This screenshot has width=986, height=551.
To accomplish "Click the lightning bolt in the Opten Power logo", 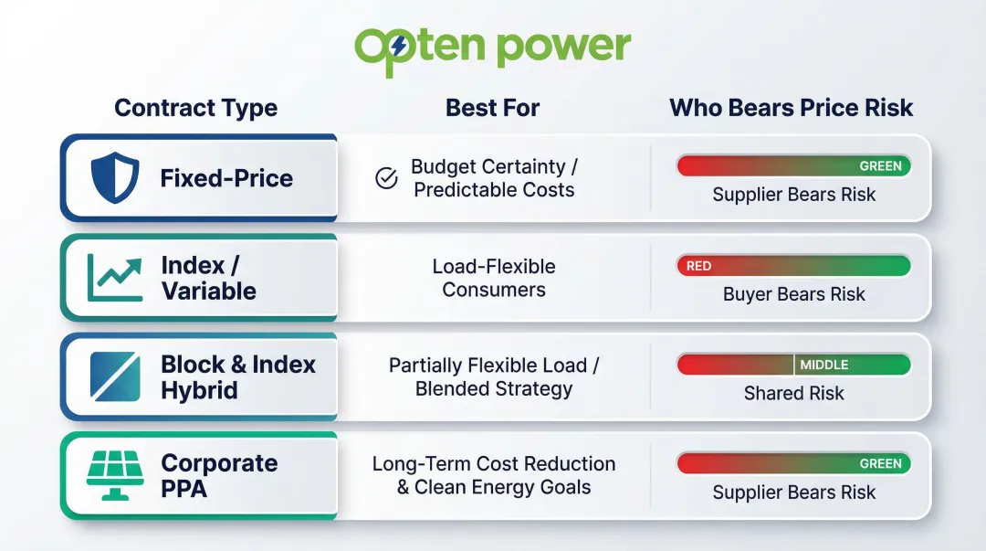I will [x=398, y=45].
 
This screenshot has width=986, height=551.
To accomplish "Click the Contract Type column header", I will [x=196, y=108].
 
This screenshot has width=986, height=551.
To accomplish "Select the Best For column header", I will [x=492, y=108].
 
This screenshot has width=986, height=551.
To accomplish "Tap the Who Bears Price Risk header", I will [x=791, y=108].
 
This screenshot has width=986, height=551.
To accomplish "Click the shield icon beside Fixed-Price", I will [x=115, y=178].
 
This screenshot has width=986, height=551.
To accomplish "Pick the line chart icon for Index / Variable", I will [x=115, y=278].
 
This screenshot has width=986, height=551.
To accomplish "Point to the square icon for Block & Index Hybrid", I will [x=115, y=376].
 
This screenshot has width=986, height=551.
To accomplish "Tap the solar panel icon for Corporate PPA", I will [x=115, y=475].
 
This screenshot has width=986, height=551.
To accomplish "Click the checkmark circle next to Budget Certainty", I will [x=386, y=178].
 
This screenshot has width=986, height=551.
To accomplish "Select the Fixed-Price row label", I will [x=226, y=178].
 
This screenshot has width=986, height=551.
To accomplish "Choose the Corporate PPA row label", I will [x=219, y=475].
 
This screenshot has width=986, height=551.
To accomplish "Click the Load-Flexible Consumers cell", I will [x=494, y=278].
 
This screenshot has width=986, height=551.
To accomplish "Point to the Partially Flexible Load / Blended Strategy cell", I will [x=494, y=376].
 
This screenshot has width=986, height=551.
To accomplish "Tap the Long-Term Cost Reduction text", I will [x=494, y=464].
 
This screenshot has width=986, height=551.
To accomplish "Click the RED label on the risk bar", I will [x=698, y=266].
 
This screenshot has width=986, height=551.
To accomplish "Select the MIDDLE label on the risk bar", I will [x=824, y=365].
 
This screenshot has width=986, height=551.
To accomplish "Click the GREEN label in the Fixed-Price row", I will [x=880, y=166].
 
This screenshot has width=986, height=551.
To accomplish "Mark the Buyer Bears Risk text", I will [x=793, y=294].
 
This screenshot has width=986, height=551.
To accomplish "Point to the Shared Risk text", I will [x=793, y=393].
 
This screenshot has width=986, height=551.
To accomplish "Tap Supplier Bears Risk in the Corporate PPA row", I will [x=793, y=493].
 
